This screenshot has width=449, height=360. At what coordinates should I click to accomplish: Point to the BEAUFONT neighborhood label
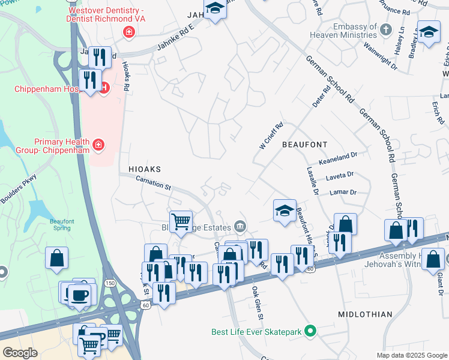304,145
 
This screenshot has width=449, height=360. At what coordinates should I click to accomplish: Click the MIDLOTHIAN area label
365,314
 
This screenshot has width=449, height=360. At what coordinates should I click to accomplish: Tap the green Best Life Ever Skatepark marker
310,331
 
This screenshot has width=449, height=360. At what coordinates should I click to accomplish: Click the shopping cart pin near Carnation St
181,221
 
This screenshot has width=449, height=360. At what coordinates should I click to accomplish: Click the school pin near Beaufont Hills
285,211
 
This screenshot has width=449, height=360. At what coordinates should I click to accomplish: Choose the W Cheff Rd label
271,136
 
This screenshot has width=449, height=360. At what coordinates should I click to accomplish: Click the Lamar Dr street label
343,193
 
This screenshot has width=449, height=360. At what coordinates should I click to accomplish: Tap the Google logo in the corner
20,352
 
